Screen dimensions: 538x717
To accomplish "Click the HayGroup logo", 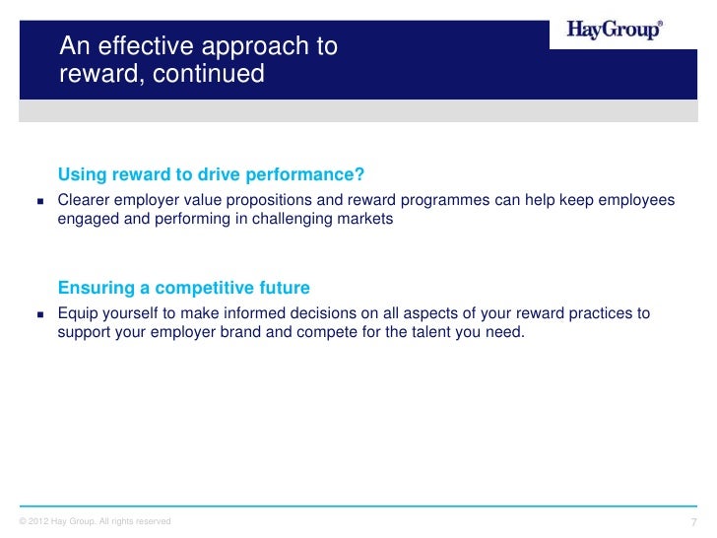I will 615,31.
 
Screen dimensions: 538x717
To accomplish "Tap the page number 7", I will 694,521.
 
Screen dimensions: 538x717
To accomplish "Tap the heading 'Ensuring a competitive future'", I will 184,288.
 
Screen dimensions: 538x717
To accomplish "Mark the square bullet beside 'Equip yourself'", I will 41,314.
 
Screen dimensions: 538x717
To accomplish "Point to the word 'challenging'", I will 293,219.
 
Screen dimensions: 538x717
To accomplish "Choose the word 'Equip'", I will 77,313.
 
